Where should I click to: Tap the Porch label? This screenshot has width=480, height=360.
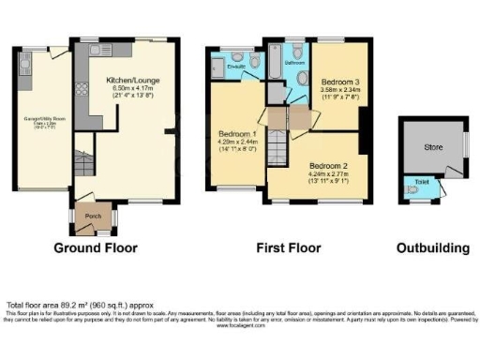coord(93,215)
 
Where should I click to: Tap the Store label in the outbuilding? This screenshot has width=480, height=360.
coord(431,146)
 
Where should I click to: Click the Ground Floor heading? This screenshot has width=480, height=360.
coord(95,248)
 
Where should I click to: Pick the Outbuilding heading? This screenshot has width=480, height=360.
coord(430,248)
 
